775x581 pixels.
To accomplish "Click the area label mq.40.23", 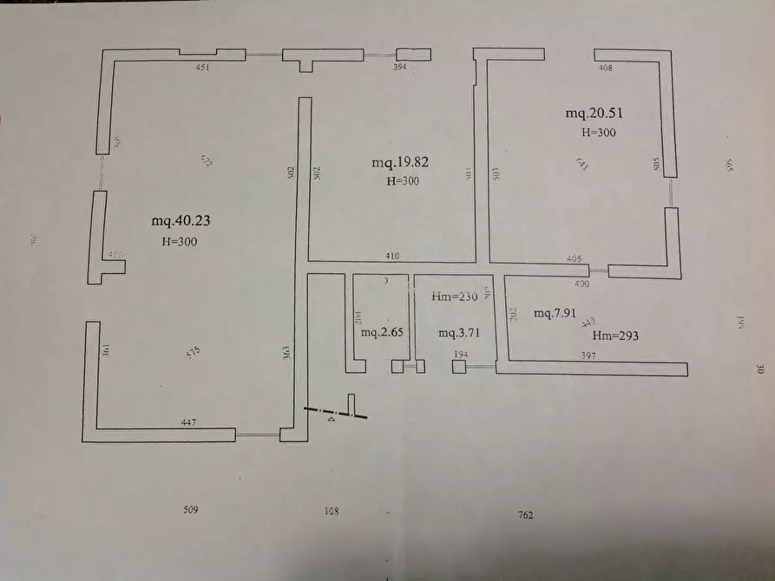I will click(x=181, y=221).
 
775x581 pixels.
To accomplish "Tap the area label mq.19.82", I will click(x=401, y=162).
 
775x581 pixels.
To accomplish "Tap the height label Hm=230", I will click(x=456, y=297).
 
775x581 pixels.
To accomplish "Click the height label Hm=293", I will click(x=615, y=335).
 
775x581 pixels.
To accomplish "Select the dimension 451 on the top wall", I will click(x=202, y=66).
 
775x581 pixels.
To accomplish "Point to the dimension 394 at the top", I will click(x=400, y=66).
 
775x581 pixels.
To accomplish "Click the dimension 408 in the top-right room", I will click(x=605, y=67).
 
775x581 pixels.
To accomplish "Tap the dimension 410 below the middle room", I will click(x=393, y=256).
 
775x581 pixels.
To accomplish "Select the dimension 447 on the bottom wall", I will click(x=188, y=422).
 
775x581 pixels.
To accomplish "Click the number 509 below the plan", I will click(x=192, y=510).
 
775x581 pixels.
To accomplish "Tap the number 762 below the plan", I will click(x=525, y=515).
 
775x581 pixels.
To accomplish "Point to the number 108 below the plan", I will click(x=331, y=512).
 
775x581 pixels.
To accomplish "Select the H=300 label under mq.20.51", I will click(x=598, y=133).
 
